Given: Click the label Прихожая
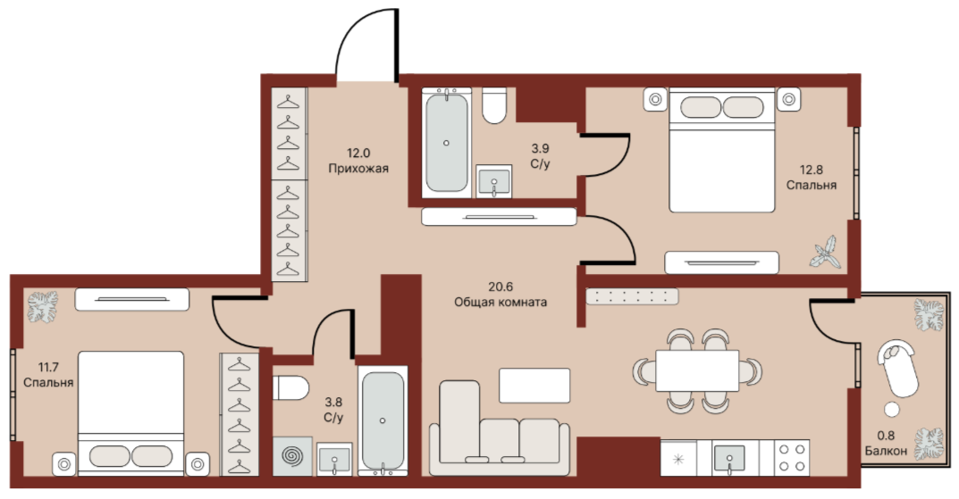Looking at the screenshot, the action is (x=358, y=169).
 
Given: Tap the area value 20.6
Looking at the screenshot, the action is (x=500, y=287).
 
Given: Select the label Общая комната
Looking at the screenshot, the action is (x=501, y=302).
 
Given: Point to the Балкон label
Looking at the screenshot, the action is (x=886, y=452).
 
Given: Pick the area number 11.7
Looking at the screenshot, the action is (x=48, y=367).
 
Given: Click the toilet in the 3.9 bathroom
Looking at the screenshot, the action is (x=493, y=105).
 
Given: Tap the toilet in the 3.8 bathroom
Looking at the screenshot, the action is (x=290, y=387).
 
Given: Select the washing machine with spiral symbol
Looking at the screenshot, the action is (x=292, y=456).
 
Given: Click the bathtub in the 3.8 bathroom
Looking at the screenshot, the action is (x=383, y=420).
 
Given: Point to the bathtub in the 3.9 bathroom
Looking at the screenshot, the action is (x=447, y=142).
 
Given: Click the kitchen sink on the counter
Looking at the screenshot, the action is (x=729, y=457).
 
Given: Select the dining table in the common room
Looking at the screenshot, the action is (x=697, y=370).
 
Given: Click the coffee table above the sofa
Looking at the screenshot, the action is (x=534, y=386).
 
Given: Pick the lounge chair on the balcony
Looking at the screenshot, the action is (x=898, y=368).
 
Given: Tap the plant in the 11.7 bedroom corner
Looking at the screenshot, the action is (x=43, y=307).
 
